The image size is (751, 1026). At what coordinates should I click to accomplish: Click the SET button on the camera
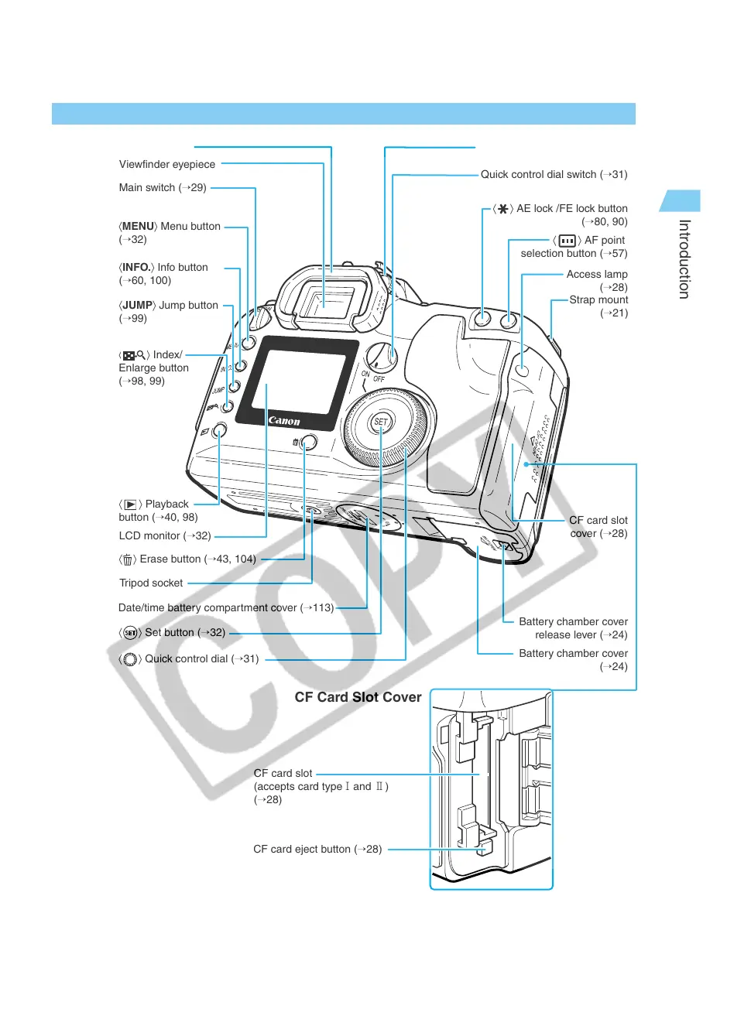[381, 422]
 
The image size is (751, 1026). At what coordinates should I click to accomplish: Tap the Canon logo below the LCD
[284, 421]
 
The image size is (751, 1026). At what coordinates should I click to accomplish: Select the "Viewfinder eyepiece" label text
[167, 164]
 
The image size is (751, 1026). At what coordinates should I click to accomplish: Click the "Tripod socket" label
[151, 583]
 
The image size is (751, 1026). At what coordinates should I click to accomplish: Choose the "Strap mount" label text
[598, 300]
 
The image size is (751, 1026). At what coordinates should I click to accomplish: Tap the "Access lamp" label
[597, 274]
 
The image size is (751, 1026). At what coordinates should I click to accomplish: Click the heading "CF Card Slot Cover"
[358, 697]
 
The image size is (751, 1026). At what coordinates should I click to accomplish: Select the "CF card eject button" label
[317, 849]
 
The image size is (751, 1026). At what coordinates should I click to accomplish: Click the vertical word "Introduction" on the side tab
[684, 259]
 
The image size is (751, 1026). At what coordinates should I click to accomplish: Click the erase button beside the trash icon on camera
[308, 443]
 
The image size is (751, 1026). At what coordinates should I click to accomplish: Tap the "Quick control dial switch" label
[554, 175]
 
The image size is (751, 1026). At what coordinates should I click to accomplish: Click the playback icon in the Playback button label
[130, 504]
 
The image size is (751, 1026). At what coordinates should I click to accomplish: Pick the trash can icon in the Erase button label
[128, 559]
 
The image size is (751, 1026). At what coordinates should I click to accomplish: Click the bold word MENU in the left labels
[138, 226]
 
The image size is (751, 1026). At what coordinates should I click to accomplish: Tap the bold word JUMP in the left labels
[137, 305]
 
